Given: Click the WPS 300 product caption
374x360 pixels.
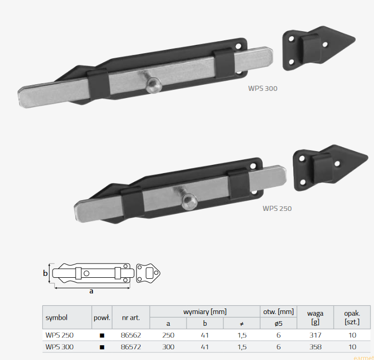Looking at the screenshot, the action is [x=263, y=88].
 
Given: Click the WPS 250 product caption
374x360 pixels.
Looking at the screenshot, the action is [x=277, y=208].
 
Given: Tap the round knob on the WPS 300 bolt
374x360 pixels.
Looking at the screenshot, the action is [x=154, y=85].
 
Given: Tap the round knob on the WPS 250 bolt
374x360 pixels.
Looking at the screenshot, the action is [x=190, y=202].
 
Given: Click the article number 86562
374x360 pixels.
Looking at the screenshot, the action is [x=131, y=335].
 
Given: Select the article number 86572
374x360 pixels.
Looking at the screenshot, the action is [x=131, y=347].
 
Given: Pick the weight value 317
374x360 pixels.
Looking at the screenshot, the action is [x=315, y=335].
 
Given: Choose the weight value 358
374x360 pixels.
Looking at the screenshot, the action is [x=315, y=347].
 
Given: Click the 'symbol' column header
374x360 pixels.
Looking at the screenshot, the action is [x=57, y=318].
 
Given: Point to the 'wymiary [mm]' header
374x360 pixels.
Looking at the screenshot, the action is [x=205, y=311].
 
